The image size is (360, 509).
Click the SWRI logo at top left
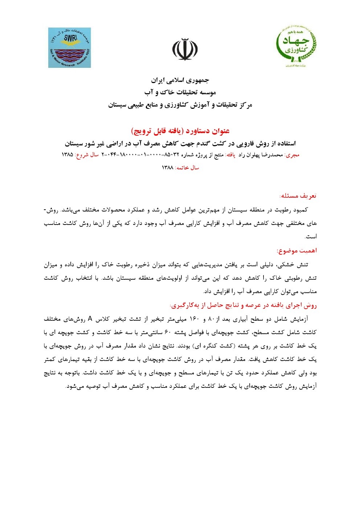coord(69,48)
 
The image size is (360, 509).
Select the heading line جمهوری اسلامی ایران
coord(180,80)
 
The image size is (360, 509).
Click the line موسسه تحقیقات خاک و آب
coord(180,92)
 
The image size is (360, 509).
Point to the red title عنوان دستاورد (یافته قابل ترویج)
coord(180,131)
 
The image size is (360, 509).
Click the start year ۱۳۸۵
coord(67,155)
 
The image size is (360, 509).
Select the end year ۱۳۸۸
coord(167,168)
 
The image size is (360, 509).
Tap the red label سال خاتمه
coord(187,168)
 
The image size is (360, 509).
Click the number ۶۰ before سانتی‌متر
coord(168,333)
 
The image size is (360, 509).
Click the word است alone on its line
coord(311,237)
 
